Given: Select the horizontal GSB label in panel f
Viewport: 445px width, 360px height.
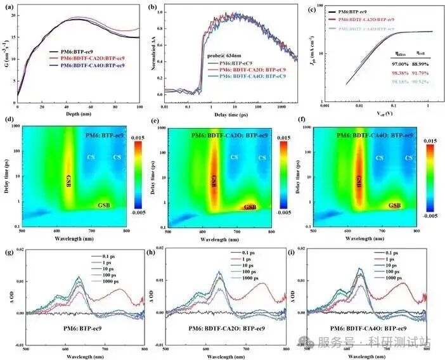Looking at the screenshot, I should (x=395, y=205).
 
